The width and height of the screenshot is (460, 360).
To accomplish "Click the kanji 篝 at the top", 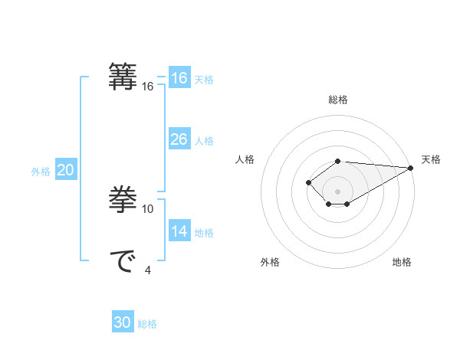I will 123,77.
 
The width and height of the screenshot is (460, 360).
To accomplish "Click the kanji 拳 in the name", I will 123,200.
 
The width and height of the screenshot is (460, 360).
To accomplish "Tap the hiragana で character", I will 123,261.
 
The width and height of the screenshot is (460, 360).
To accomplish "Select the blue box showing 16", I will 179,78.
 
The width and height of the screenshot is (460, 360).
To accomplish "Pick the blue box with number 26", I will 179,139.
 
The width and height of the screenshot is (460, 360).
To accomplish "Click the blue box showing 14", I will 179,231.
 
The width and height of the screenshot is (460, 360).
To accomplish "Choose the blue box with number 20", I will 65,170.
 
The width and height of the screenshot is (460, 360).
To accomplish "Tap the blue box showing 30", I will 122,322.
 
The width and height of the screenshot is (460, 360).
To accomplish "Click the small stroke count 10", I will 148,208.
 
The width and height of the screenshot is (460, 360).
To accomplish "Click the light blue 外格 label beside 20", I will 41,172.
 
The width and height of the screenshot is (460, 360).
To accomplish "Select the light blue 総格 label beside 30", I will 147,325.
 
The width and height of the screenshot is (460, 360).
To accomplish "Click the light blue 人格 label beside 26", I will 204,142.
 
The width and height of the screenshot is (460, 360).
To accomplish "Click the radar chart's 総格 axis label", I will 337,100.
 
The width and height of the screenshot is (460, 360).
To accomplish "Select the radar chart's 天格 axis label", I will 431,159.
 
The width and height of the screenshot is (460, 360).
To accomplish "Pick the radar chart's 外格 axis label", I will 270,262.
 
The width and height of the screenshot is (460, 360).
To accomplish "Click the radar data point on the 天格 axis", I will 411,168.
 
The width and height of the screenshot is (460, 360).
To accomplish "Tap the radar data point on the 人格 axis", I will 308,182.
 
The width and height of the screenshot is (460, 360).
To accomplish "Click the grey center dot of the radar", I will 337,191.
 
